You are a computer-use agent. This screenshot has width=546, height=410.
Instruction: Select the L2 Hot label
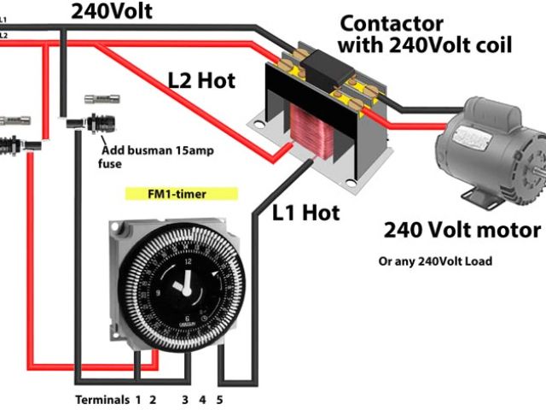click(200, 83)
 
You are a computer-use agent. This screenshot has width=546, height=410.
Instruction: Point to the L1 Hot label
click(305, 211)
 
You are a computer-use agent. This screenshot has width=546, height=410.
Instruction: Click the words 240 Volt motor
click(462, 230)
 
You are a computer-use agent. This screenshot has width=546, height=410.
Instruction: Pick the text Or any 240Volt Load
click(435, 261)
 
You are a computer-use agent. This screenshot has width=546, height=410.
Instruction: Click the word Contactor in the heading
click(392, 22)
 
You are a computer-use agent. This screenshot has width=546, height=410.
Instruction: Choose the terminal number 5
click(220, 399)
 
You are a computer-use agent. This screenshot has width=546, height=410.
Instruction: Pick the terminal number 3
click(183, 399)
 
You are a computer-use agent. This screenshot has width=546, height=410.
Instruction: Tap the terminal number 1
click(137, 399)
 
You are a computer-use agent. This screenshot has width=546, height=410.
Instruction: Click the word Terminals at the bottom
click(102, 399)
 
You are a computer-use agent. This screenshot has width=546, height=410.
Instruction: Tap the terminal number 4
click(202, 399)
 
